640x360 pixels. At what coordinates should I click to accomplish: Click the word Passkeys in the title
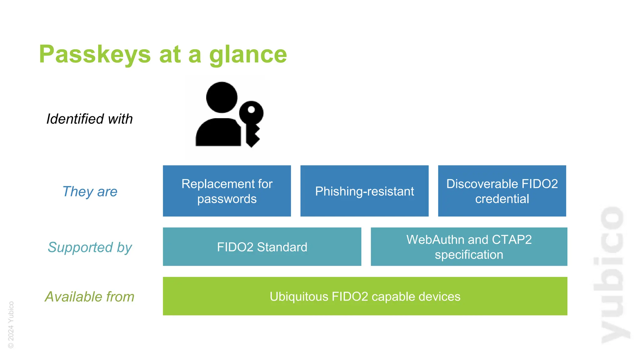95,54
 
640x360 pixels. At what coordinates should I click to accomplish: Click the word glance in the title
248,54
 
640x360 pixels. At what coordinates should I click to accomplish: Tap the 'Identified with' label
90,119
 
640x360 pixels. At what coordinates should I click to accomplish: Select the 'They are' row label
90,191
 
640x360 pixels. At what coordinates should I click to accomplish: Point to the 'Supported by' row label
90,247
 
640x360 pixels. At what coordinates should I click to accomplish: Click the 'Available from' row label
90,297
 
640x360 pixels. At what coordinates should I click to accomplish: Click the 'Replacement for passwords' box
227,191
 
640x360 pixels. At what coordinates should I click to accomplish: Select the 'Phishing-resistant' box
364,191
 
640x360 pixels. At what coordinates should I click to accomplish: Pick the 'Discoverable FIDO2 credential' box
502,191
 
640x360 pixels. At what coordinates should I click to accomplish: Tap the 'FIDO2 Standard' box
262,247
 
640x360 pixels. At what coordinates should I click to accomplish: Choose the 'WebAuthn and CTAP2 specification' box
469,247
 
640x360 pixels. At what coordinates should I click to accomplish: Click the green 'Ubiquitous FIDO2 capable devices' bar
365,296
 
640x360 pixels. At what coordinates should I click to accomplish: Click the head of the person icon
222,97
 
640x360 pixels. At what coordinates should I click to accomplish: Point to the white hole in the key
251,110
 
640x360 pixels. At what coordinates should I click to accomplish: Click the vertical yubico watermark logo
613,275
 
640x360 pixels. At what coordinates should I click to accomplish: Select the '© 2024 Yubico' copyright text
11,324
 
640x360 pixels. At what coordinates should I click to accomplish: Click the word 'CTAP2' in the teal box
512,240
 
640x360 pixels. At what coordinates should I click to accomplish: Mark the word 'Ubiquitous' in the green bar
299,297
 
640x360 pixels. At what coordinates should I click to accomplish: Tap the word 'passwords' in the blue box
227,199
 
